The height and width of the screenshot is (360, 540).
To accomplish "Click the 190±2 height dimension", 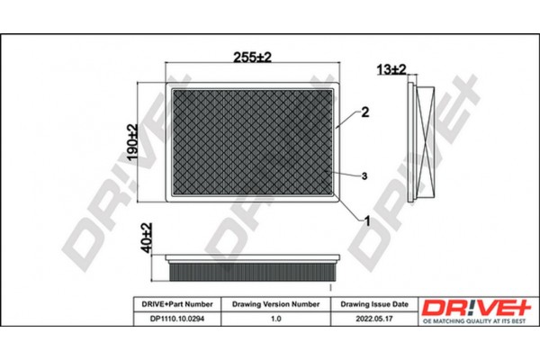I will tap(131, 143).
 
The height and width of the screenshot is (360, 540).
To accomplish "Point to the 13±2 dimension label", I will tap(391, 69).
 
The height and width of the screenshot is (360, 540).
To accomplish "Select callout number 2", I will tap(365, 113).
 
